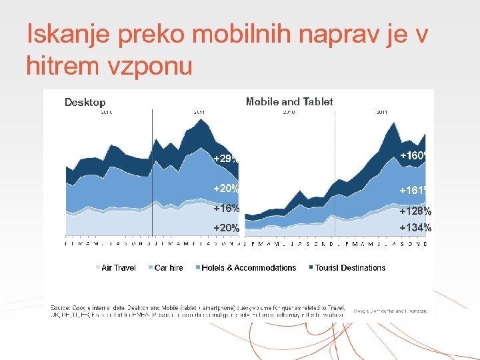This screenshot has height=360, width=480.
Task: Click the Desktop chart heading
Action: pos(85,103)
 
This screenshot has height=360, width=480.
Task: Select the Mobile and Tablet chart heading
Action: pos(289,102)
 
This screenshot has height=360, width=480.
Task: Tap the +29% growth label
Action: pos(225,159)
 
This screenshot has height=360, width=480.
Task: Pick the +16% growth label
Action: pos(226,208)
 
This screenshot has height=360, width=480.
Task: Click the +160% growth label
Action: pos(413,155)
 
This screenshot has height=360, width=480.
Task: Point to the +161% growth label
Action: pos(413,191)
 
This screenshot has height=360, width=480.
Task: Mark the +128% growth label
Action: pos(415,211)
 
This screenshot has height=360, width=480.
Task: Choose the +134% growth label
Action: pos(415,228)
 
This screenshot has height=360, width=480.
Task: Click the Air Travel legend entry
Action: pos(118,268)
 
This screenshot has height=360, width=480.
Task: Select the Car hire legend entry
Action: pos(168,268)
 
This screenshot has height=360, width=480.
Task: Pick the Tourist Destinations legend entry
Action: pos(350,268)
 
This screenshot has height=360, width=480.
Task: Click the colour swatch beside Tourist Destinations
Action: pos(310,268)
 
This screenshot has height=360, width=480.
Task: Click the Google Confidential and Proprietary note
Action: pos(390,311)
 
